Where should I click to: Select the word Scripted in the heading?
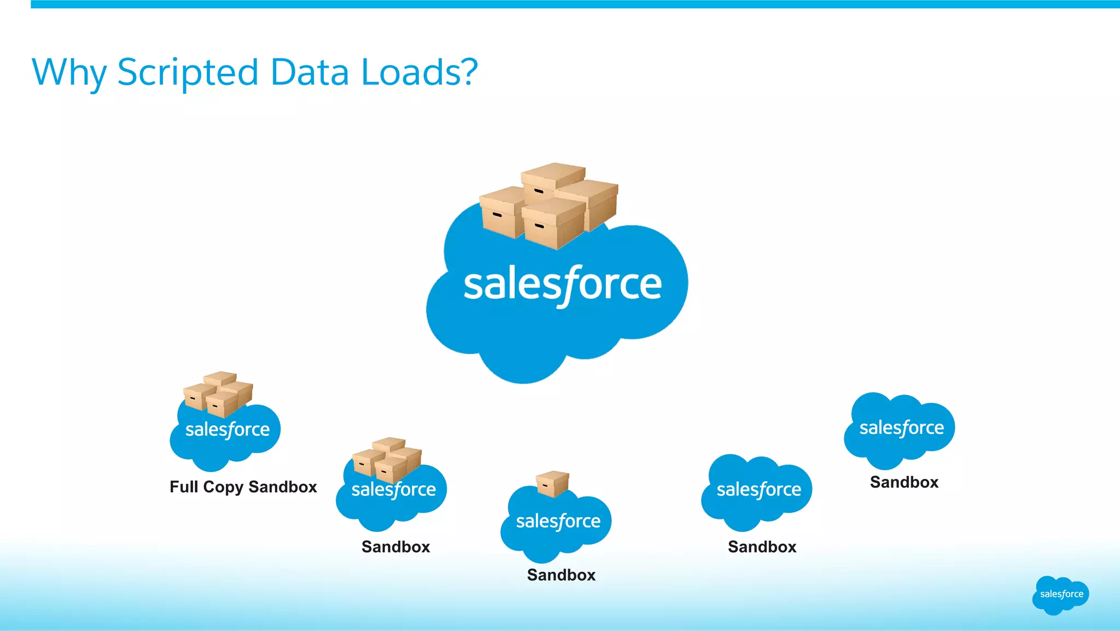[x=188, y=73]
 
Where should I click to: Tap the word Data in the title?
[x=310, y=72]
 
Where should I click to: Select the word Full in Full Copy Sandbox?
[x=184, y=487]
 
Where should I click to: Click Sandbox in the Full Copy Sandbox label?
[x=283, y=487]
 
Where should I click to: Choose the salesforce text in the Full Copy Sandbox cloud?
[x=227, y=430]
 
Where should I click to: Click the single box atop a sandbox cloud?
[x=552, y=484]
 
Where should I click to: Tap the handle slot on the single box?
[x=545, y=485]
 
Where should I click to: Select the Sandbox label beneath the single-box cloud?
[x=561, y=575]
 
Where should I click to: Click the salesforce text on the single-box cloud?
[x=558, y=522]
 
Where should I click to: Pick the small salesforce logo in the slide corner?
[x=1061, y=595]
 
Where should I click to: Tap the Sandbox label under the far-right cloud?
[x=904, y=482]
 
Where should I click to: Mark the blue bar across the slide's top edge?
[x=574, y=4]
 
